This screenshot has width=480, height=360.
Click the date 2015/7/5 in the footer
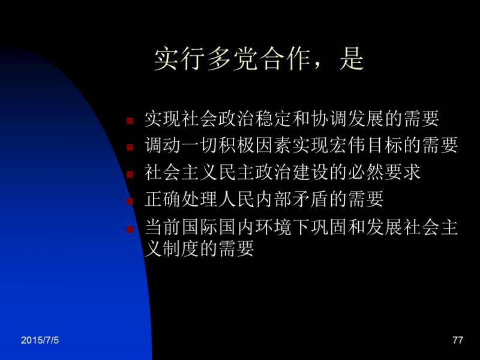tap(40, 340)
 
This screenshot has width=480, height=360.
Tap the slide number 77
tap(458, 340)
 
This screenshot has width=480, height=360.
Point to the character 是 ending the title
tap(352, 58)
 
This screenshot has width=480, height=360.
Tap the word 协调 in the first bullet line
tap(328, 118)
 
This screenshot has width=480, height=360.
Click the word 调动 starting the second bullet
tap(163, 145)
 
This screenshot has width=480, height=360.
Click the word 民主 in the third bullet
tap(236, 172)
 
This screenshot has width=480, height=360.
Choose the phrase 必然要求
tap(384, 172)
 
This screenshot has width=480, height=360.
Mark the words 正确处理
tap(181, 199)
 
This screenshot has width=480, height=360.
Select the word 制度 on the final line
tap(181, 248)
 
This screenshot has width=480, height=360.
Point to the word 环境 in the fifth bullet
tap(273, 227)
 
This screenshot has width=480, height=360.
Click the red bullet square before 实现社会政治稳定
tap(130, 121)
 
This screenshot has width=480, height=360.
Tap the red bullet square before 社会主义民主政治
tap(130, 174)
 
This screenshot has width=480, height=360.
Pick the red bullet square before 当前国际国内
tap(130, 229)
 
